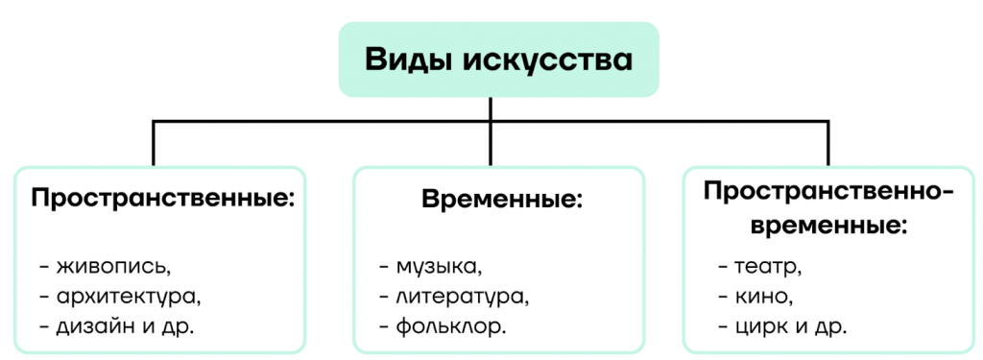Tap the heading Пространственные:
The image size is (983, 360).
point(163,199)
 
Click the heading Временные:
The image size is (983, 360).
point(502,200)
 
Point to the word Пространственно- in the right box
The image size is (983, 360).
point(828,191)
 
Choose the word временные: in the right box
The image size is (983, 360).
point(828,226)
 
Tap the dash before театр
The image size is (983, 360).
point(723,268)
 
